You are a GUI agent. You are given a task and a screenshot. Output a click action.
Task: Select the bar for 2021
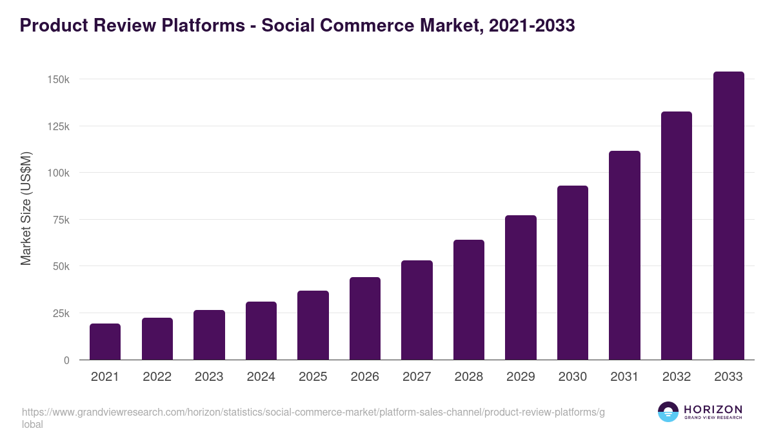point(105,342)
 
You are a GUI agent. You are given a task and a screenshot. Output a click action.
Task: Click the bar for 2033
point(728,216)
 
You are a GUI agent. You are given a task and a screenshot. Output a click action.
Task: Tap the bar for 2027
point(417,310)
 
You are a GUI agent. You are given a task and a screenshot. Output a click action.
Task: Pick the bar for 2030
point(573,273)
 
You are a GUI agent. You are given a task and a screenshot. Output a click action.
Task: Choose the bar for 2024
point(261,331)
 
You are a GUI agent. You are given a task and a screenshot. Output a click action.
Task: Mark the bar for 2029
point(521,287)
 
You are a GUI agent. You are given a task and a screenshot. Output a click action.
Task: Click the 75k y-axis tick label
point(61,220)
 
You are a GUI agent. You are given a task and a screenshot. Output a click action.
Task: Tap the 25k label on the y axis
point(61,313)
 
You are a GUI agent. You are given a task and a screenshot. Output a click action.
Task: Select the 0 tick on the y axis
point(66,360)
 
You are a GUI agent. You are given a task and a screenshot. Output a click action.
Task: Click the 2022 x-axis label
point(157,377)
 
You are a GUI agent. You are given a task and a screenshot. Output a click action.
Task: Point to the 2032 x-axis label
point(677,377)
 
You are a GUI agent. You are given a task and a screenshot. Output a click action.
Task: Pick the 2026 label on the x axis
point(365,377)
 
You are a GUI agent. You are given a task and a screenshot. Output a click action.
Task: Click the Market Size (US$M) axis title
point(26,208)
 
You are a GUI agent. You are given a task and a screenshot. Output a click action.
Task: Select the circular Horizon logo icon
point(668,412)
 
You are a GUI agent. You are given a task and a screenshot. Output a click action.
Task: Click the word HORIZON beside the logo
point(712,409)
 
